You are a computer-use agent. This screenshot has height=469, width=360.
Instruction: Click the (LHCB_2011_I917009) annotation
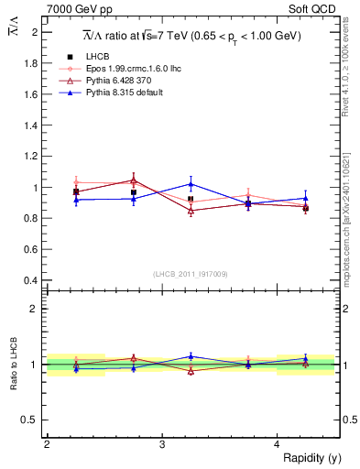[x=189, y=272]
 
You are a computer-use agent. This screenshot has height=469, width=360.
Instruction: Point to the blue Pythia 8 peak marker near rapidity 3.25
[x=191, y=183]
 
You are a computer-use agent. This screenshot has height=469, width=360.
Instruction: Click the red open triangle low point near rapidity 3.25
[x=191, y=211]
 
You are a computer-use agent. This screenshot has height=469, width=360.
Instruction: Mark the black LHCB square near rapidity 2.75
[x=134, y=192]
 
